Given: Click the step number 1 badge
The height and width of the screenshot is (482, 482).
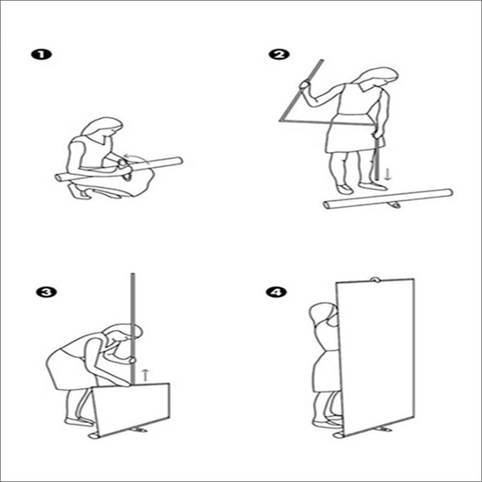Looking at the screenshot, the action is click(42, 55).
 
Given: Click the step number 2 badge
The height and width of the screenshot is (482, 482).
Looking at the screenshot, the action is click(279, 55).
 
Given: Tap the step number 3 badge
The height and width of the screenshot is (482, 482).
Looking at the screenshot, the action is click(46, 292).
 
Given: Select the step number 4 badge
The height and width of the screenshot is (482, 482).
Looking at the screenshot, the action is click(277, 292).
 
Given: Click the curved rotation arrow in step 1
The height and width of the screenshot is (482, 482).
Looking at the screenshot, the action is click(137, 157).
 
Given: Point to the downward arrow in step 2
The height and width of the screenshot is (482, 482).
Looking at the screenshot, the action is click(388, 174).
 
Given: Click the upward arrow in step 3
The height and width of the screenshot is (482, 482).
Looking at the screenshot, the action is click(145, 375).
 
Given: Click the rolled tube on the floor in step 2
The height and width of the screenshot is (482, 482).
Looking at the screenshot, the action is click(388, 199).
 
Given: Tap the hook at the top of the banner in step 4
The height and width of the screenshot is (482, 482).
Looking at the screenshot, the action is click(374, 280).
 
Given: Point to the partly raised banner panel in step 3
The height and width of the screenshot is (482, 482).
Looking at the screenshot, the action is click(131, 410).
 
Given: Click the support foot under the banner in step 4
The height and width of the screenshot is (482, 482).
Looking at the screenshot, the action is click(382, 428).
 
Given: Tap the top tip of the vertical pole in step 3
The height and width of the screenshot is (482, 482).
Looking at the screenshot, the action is click(133, 274).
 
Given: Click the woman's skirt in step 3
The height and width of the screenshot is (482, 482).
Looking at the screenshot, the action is click(69, 368).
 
